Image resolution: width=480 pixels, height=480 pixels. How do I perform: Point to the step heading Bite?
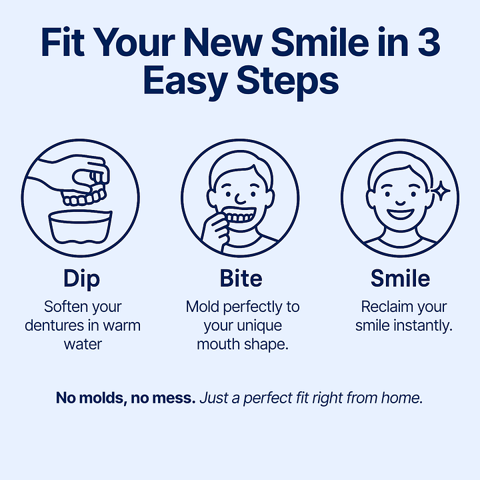pos(241,278)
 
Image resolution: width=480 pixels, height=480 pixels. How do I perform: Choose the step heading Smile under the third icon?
pos(400,278)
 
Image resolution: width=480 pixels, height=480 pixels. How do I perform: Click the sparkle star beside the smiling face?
pos(441,191)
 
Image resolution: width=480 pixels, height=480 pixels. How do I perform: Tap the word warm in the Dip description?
pos(121,326)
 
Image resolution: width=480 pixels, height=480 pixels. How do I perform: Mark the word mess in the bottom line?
pos(176,398)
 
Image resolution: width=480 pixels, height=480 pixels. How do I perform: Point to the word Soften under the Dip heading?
pos(63,307)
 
